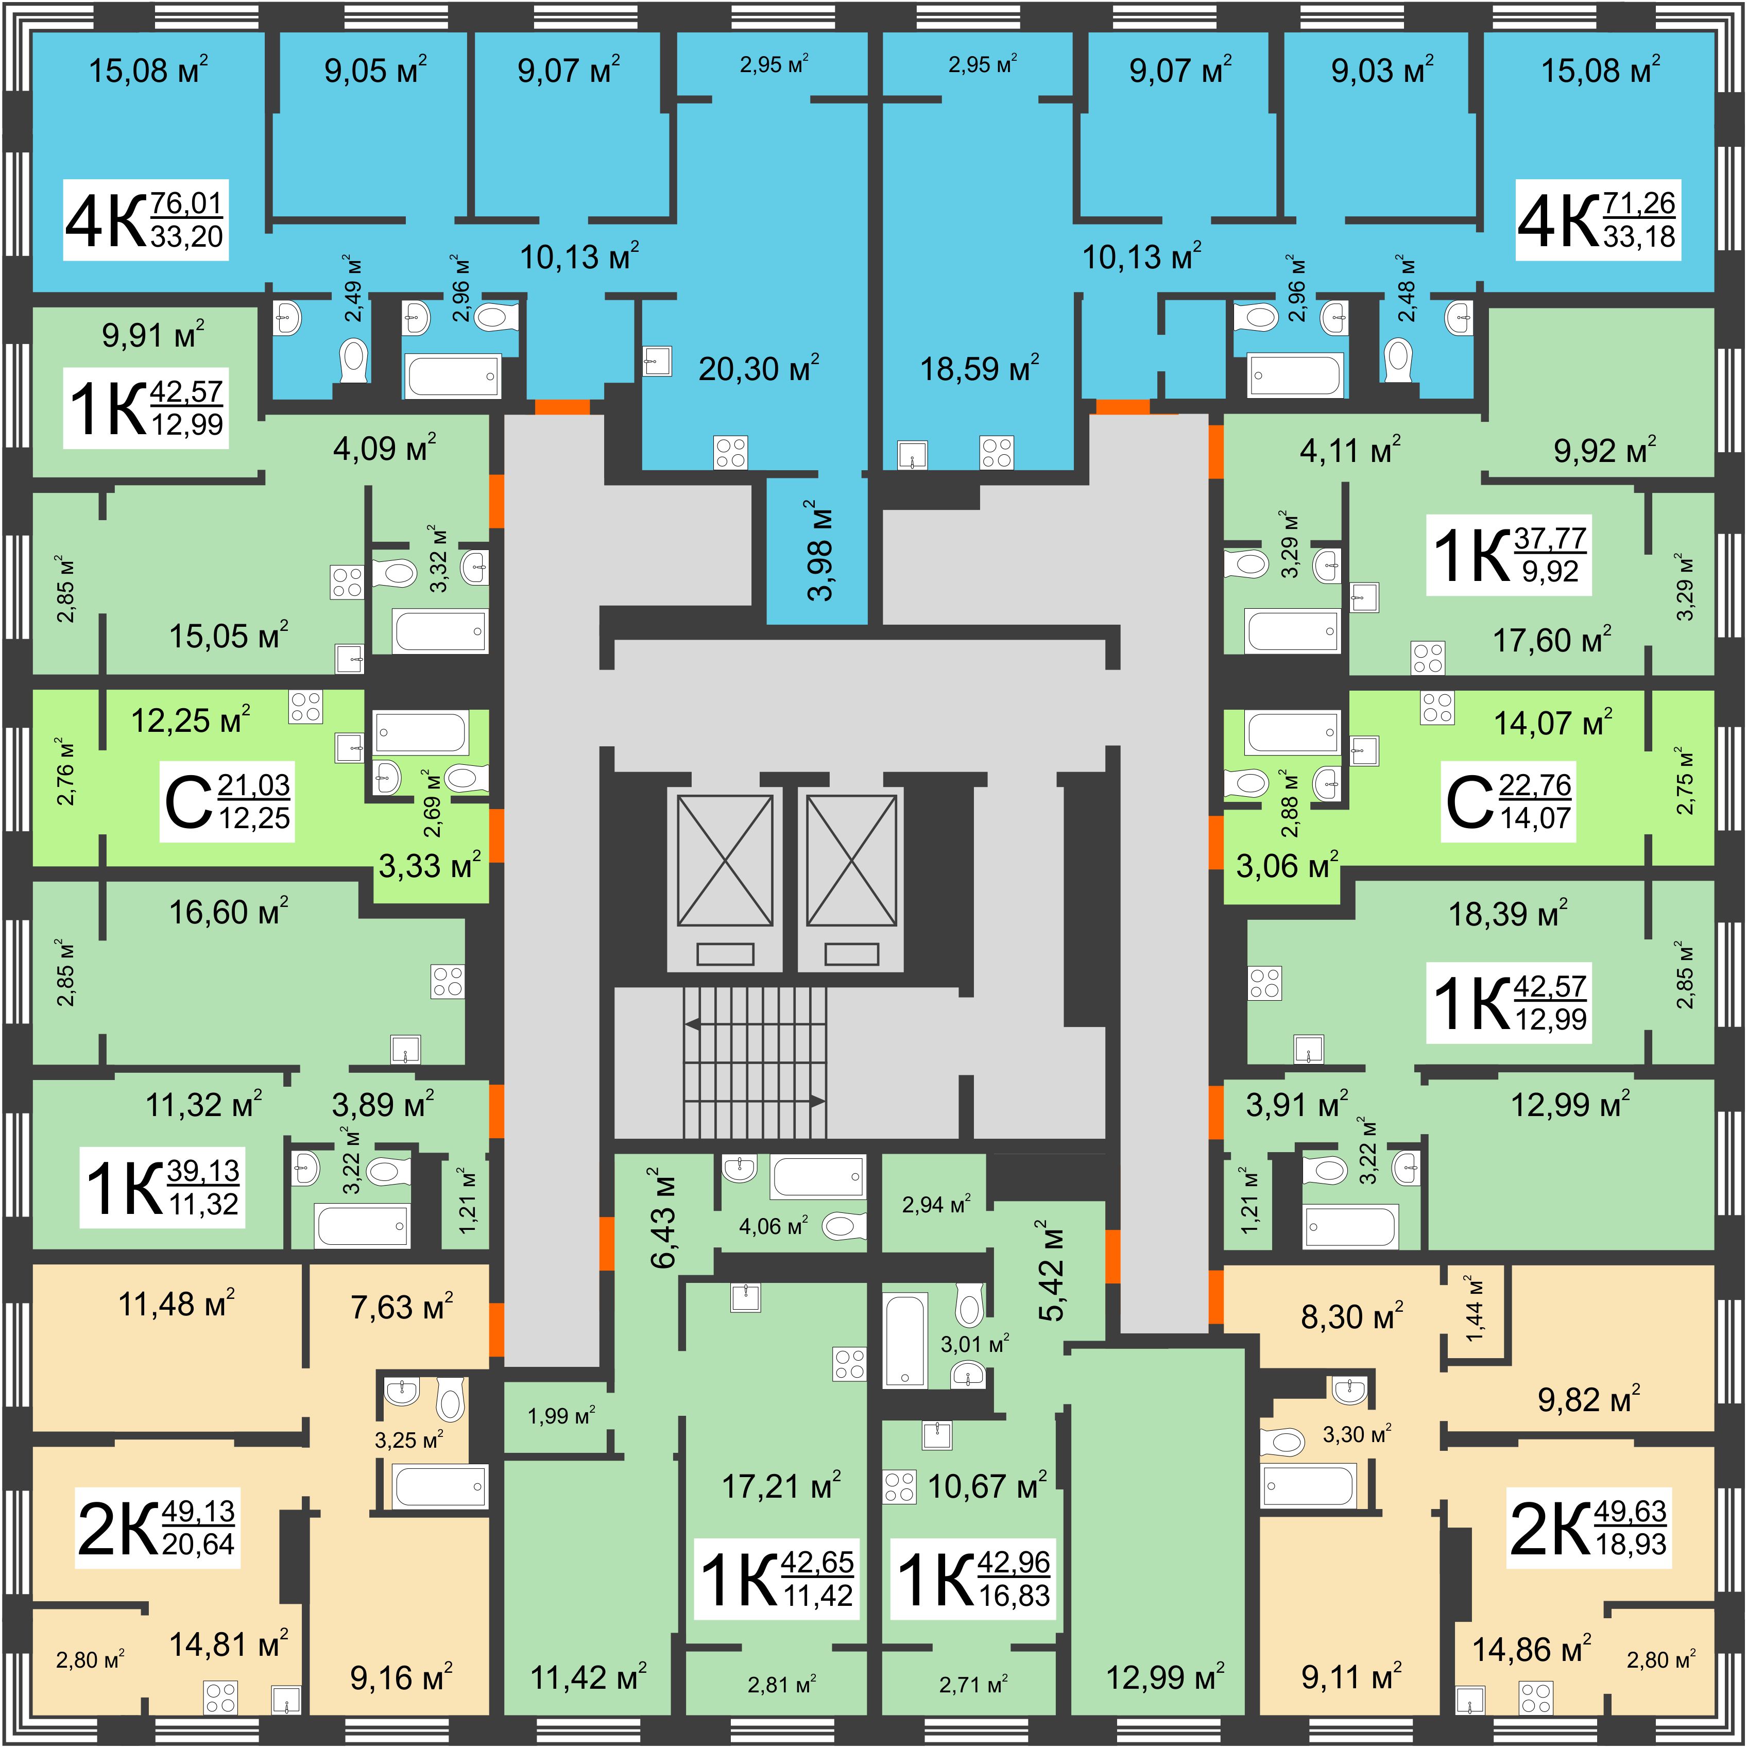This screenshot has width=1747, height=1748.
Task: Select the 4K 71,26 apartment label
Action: pyautogui.click(x=1598, y=220)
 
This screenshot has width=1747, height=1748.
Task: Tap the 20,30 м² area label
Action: pyautogui.click(x=758, y=368)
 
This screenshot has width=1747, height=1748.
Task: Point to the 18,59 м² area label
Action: pyautogui.click(x=979, y=368)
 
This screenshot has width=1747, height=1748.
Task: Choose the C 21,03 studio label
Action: pyautogui.click(x=227, y=801)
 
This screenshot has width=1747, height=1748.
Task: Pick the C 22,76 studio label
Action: pyautogui.click(x=1508, y=801)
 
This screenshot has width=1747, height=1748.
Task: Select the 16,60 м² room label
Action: pyautogui.click(x=229, y=912)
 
